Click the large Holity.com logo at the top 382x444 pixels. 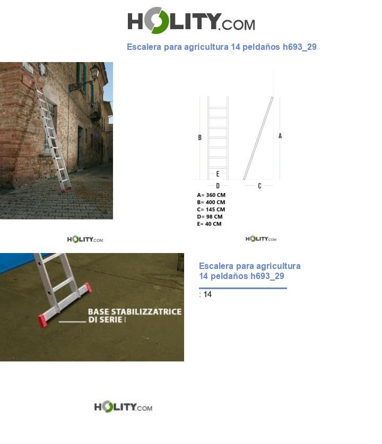pyautogui.click(x=191, y=21)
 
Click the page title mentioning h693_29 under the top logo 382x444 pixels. pyautogui.click(x=221, y=47)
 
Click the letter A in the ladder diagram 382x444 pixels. pyautogui.click(x=280, y=136)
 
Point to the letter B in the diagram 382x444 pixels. pyautogui.click(x=200, y=138)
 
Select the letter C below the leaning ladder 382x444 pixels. pyautogui.click(x=259, y=186)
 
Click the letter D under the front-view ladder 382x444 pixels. pyautogui.click(x=218, y=186)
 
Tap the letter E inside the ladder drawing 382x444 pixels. pyautogui.click(x=218, y=174)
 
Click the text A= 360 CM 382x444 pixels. pyautogui.click(x=211, y=195)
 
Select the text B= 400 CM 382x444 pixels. pyautogui.click(x=211, y=202)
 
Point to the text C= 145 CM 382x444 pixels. pyautogui.click(x=211, y=210)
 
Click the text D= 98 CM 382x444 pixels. pyautogui.click(x=210, y=217)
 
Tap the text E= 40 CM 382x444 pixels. pyautogui.click(x=210, y=224)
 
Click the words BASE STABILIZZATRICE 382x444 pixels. pyautogui.click(x=135, y=311)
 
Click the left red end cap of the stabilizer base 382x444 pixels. pyautogui.click(x=42, y=320)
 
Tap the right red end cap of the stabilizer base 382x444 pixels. pyautogui.click(x=88, y=288)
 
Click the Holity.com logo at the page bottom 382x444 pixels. pyautogui.click(x=123, y=407)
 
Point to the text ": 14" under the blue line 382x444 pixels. pyautogui.click(x=205, y=294)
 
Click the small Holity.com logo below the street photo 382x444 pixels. pyautogui.click(x=85, y=240)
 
